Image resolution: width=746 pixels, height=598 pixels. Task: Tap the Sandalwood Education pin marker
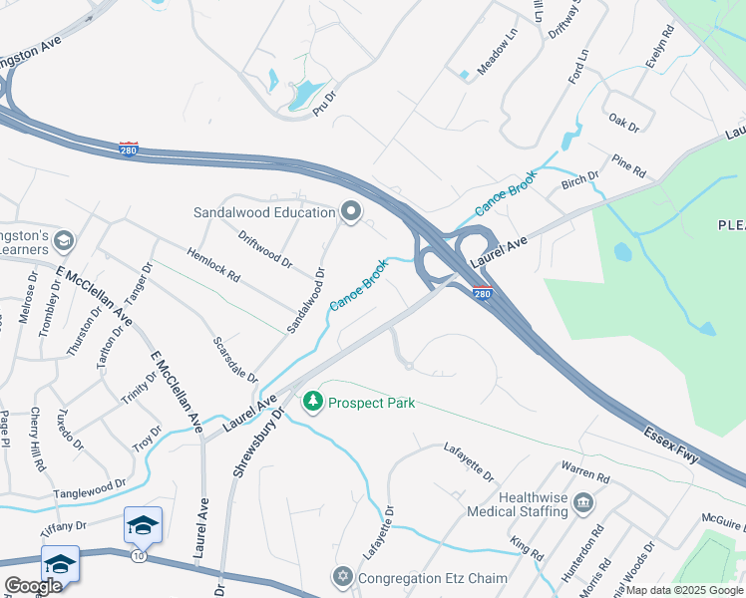(x=350, y=211)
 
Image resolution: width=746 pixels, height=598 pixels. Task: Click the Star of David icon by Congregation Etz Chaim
(x=343, y=578)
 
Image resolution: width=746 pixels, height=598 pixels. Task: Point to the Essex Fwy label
(x=671, y=447)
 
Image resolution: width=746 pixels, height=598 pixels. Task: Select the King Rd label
(x=527, y=548)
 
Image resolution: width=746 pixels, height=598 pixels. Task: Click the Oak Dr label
(x=623, y=123)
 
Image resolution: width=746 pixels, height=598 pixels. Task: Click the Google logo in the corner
(x=34, y=586)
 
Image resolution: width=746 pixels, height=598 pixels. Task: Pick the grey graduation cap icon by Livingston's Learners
(x=64, y=240)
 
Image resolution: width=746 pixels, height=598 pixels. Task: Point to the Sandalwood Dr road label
(x=306, y=300)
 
